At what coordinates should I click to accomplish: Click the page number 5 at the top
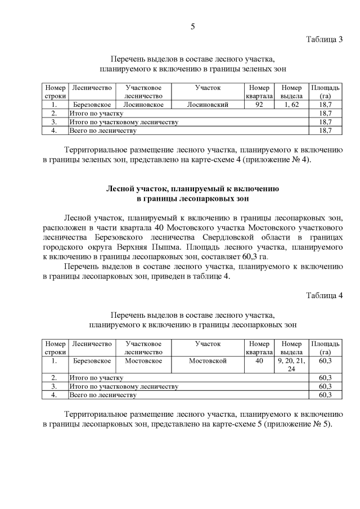click(192, 26)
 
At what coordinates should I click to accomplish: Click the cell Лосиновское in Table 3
click(143, 105)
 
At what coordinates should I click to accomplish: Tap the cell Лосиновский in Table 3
click(208, 105)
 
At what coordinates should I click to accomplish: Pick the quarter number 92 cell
click(259, 105)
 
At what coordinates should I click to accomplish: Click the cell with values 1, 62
click(291, 105)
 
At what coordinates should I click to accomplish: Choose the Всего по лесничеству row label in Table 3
click(103, 130)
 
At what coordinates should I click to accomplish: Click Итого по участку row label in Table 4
click(96, 378)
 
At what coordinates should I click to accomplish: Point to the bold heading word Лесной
click(119, 189)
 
